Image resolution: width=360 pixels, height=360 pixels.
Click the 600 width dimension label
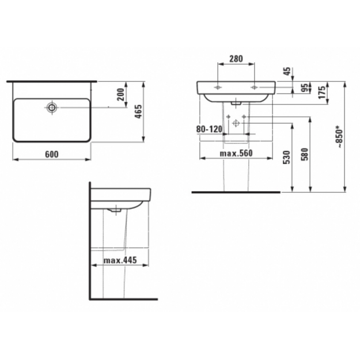52,154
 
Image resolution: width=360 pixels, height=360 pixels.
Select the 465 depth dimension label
138,112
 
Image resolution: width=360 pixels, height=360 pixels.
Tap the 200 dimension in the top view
120,94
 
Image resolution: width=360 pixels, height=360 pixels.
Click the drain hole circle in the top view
52,107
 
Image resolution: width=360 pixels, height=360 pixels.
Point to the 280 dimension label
236,59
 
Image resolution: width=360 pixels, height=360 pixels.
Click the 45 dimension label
287,71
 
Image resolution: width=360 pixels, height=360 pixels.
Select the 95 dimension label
305,88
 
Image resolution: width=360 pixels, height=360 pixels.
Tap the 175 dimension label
322,92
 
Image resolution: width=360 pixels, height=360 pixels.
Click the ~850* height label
340,137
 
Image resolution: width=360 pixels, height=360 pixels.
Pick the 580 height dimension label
305,154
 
